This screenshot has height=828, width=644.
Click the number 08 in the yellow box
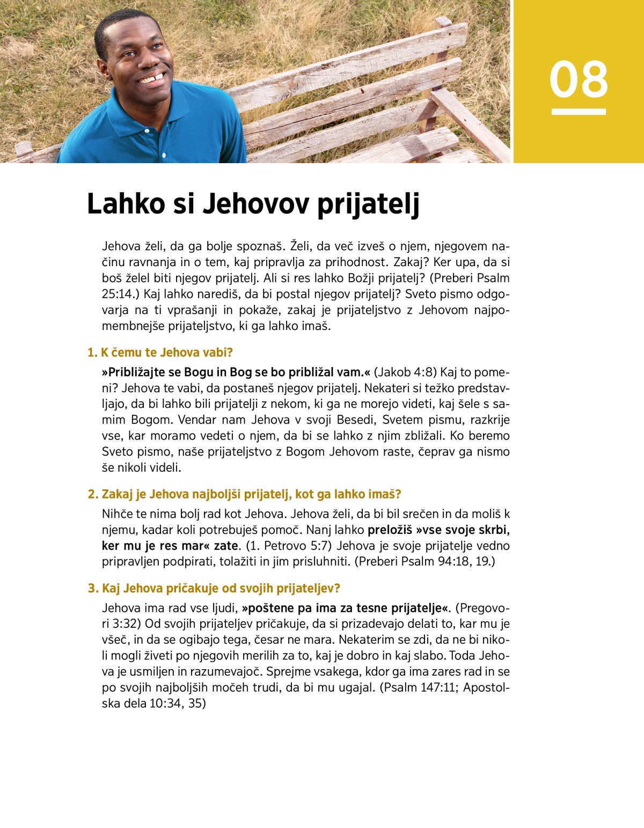tap(579, 79)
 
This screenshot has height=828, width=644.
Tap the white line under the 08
tap(579, 112)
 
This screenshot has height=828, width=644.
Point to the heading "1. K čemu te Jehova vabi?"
tap(160, 353)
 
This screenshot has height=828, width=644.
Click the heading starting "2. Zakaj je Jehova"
tap(244, 494)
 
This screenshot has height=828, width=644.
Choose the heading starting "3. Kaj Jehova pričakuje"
tap(214, 588)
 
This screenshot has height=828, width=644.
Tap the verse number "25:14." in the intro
tap(118, 294)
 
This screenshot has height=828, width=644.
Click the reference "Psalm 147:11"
tap(420, 687)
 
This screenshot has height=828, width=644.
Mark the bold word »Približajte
tap(136, 372)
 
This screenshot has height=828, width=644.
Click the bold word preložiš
tap(390, 530)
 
